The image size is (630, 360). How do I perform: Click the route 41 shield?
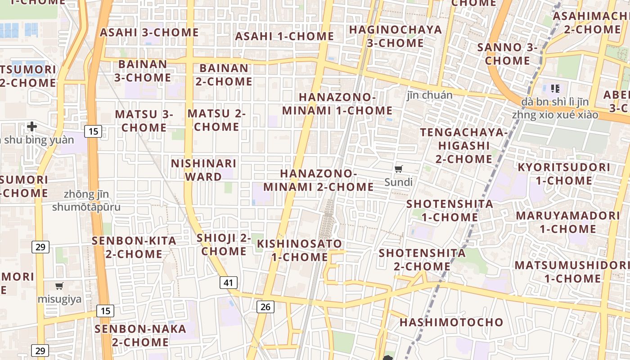[x=229, y=283]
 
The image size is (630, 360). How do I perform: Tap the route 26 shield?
[x=265, y=307]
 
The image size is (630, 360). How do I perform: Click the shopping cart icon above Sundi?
[x=398, y=169]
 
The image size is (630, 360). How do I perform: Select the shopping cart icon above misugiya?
[x=59, y=286]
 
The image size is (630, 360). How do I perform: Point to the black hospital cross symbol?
[x=31, y=126]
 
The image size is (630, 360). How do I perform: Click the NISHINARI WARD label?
[x=203, y=170]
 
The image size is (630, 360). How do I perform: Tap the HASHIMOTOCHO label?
[x=451, y=322]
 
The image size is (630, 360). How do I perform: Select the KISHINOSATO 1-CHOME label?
[x=299, y=250]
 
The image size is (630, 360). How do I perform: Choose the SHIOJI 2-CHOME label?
[x=224, y=244]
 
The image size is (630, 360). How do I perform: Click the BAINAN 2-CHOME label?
[x=224, y=75]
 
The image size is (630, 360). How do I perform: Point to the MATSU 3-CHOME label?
[x=144, y=121]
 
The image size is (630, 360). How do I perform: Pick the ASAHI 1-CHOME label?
[x=284, y=36]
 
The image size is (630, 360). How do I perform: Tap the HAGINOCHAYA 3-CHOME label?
[x=396, y=36]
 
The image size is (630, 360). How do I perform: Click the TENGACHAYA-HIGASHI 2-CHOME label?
[x=463, y=145]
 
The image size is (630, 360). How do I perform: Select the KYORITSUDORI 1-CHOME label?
[x=564, y=174]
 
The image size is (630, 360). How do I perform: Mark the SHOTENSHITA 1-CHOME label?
[x=450, y=210]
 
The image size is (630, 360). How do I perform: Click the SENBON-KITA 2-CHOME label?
[x=134, y=247]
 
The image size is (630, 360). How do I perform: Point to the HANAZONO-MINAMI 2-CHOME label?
[x=319, y=180]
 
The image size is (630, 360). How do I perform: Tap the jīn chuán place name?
[x=429, y=95]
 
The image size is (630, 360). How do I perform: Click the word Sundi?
[x=398, y=182]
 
